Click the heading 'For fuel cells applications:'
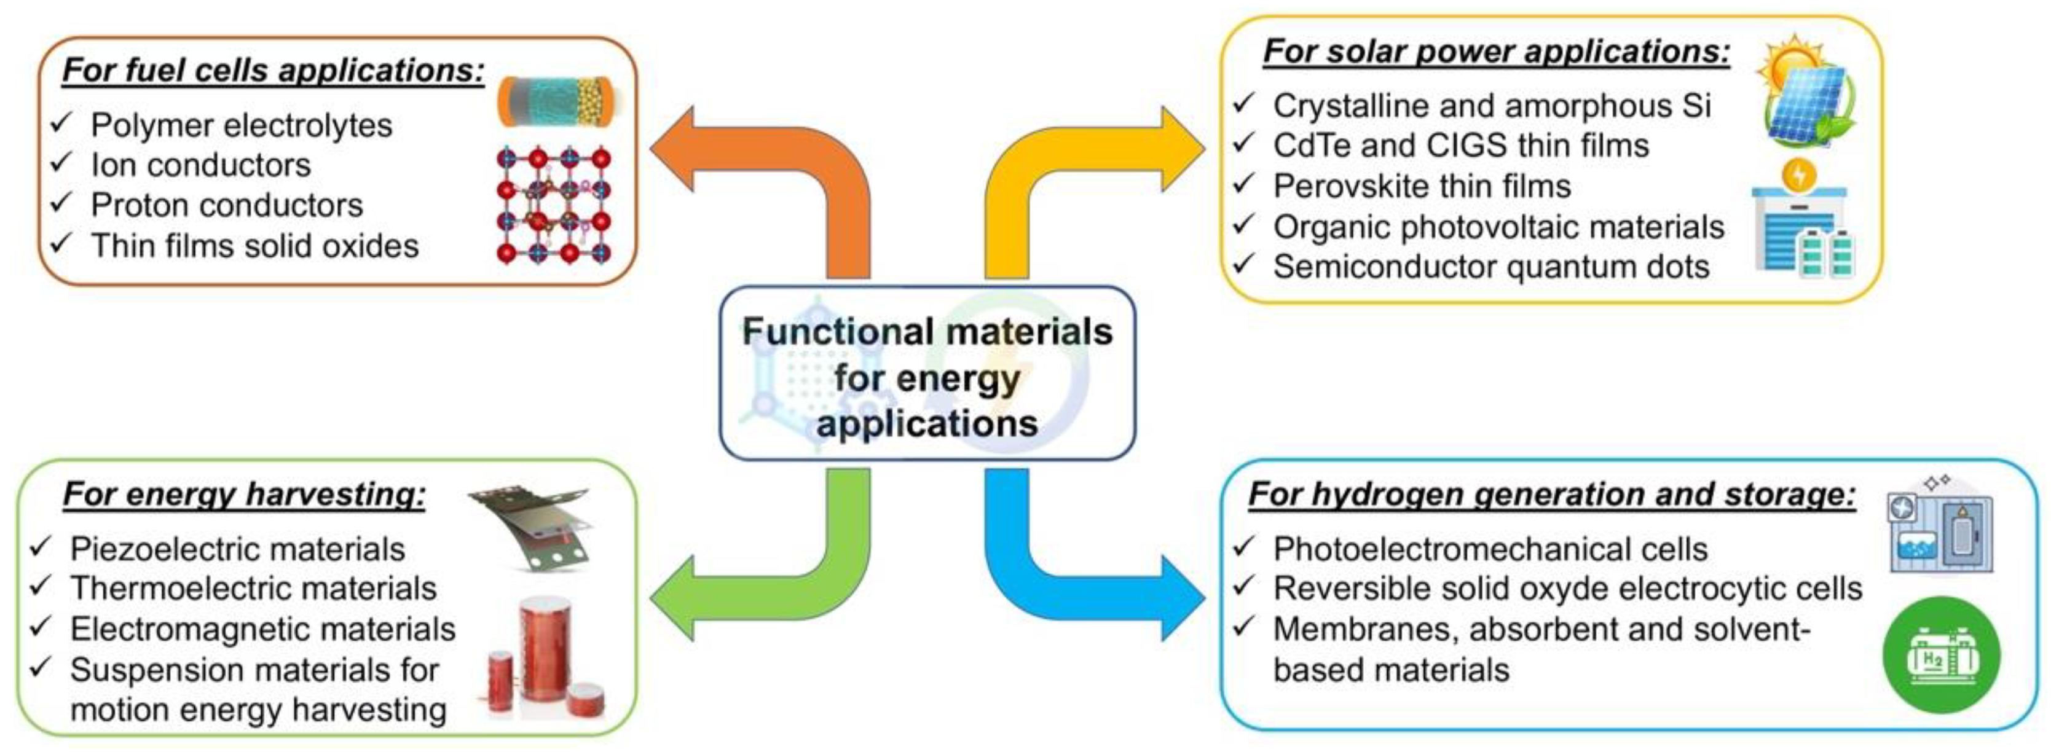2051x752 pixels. (x=273, y=70)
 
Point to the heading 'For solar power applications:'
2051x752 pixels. (x=1496, y=52)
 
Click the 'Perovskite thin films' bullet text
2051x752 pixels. (x=1421, y=186)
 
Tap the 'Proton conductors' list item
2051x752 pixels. (x=227, y=205)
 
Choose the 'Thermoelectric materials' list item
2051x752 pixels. (x=253, y=589)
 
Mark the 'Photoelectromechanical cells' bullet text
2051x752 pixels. (x=1490, y=549)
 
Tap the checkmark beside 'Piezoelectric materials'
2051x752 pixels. (x=41, y=547)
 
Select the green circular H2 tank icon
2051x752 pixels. (x=1940, y=654)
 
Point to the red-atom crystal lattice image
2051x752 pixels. (x=553, y=205)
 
